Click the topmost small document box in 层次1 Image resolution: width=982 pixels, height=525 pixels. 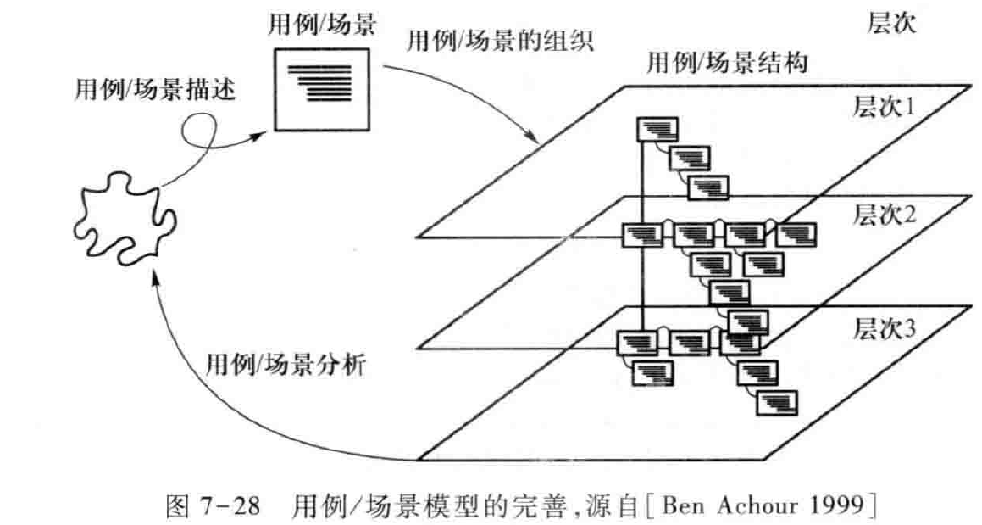pyautogui.click(x=656, y=131)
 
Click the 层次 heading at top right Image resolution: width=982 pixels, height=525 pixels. pyautogui.click(x=890, y=25)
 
